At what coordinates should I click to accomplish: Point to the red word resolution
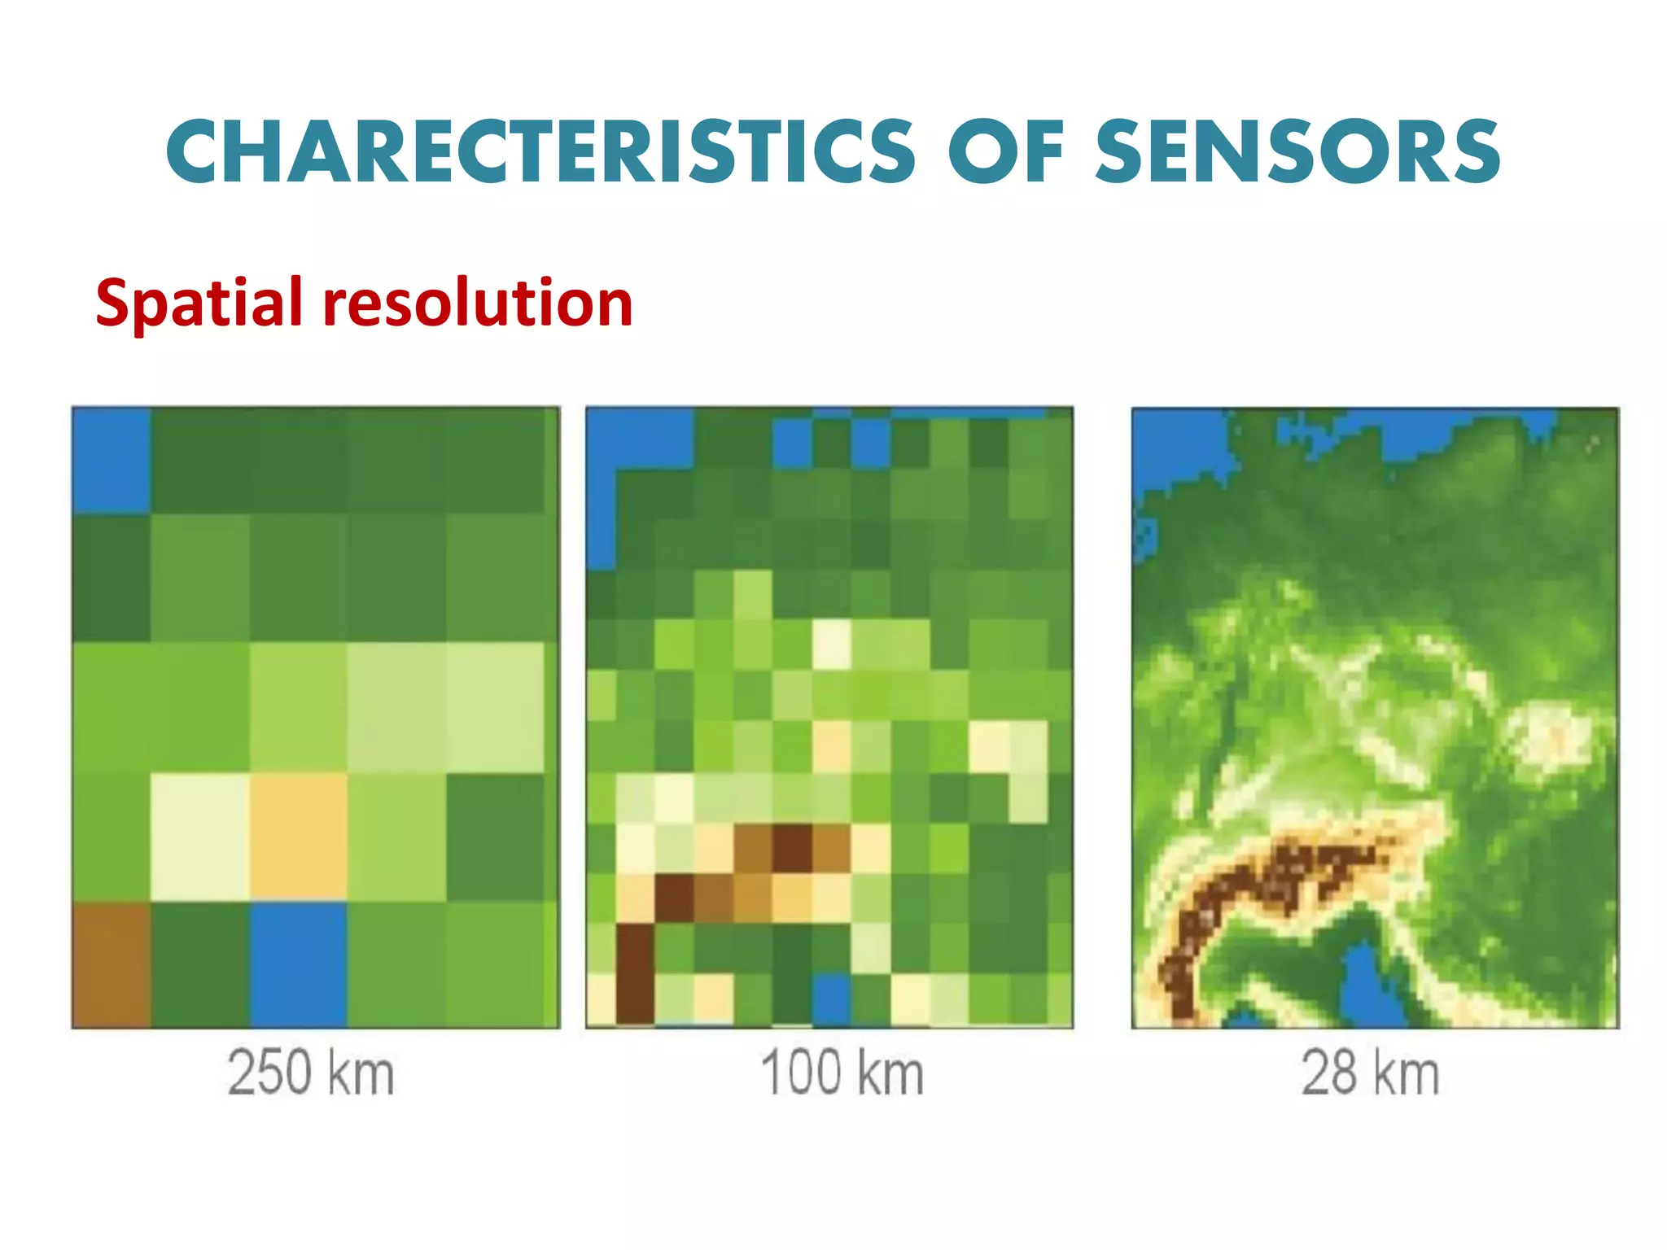[478, 303]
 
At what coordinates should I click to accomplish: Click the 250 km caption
[311, 1073]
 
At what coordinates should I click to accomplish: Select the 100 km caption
[842, 1073]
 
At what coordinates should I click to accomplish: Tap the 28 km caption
[1371, 1073]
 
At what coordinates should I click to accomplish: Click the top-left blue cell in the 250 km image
[112, 460]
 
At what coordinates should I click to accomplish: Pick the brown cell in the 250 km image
[112, 964]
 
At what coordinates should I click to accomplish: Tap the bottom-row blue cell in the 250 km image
[298, 964]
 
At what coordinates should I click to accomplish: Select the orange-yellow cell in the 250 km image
[298, 837]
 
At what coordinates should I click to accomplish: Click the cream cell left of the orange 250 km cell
[200, 837]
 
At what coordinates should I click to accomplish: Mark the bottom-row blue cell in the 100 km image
[831, 999]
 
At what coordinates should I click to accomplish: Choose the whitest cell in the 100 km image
[831, 643]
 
